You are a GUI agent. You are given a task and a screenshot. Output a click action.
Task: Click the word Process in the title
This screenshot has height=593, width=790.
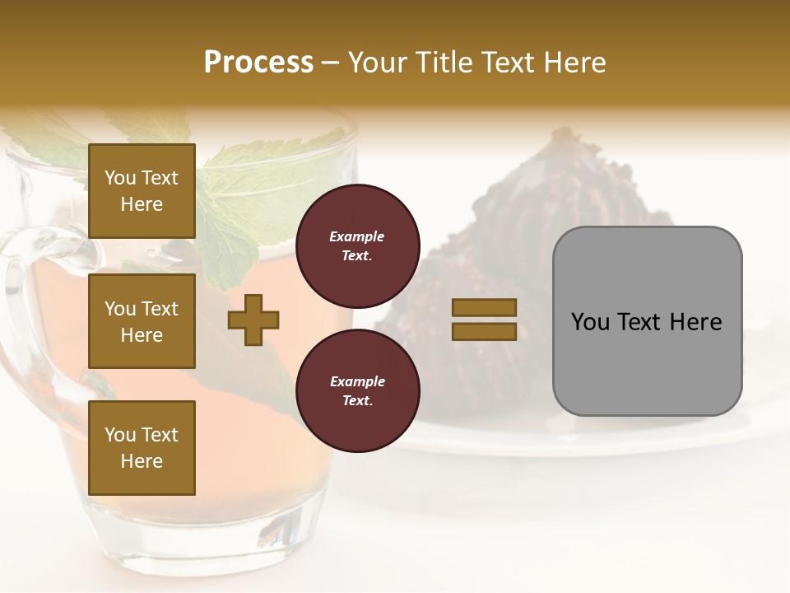pos(258,63)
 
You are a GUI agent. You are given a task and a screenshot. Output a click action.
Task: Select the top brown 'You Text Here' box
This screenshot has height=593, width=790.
pos(142,191)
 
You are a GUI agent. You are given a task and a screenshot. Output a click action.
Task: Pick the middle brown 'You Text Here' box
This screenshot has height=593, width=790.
pos(142,321)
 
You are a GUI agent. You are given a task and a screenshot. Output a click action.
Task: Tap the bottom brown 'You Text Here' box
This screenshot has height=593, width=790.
pos(142,448)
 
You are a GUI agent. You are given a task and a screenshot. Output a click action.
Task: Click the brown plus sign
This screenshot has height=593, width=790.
pos(253,320)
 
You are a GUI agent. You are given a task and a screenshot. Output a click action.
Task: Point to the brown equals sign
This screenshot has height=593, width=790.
pos(484,320)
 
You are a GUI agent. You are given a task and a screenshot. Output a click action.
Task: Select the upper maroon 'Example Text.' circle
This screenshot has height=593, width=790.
pos(357,245)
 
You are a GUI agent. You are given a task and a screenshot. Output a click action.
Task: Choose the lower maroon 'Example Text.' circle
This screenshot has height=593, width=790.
pos(357,390)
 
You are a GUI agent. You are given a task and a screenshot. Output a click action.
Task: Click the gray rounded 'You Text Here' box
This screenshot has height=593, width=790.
pos(647,321)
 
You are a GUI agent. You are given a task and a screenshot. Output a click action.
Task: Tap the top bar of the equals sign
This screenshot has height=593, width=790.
pos(484,308)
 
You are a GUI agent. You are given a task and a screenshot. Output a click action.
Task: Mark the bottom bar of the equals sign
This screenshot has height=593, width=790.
pos(484,331)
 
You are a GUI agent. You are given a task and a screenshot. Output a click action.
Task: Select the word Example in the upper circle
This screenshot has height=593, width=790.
pos(357,236)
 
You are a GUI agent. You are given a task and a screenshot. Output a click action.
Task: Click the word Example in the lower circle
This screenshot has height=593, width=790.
pos(357,381)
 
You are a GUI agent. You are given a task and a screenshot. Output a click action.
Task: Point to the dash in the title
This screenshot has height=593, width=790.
pos(331,63)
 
